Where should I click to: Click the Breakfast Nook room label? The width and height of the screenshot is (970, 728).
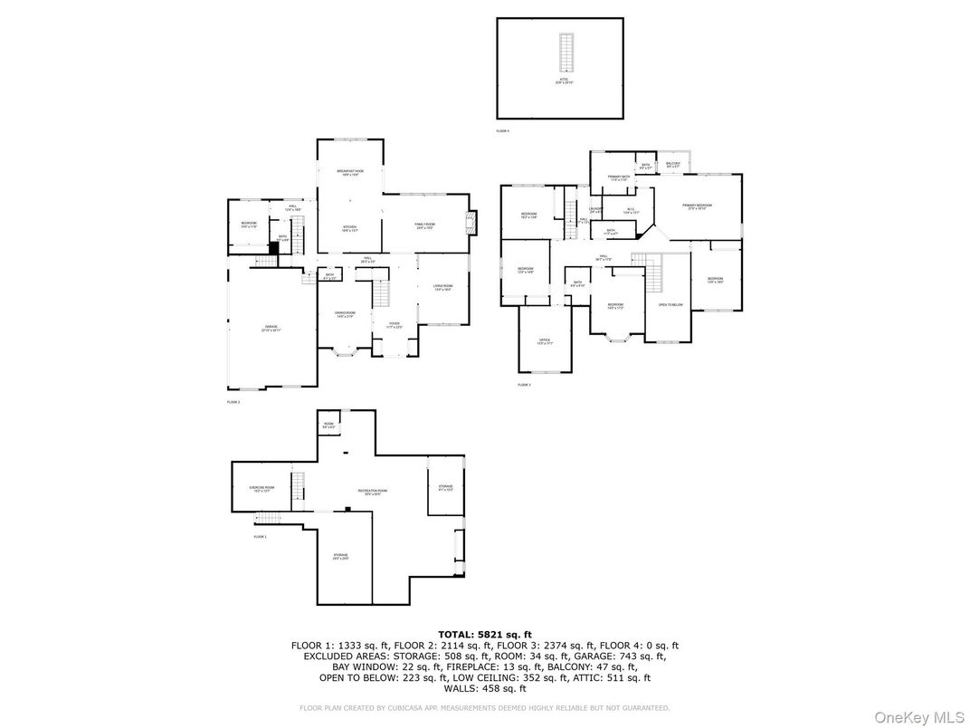(350, 172)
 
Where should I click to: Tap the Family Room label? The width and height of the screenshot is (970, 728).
(425, 226)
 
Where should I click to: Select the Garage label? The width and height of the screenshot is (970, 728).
(271, 328)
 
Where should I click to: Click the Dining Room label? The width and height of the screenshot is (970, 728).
(346, 314)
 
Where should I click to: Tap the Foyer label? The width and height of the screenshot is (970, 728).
(394, 324)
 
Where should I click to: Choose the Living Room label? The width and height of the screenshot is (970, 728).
(442, 288)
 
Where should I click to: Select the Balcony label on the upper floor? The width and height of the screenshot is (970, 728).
(673, 165)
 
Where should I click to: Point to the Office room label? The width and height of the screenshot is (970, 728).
(545, 341)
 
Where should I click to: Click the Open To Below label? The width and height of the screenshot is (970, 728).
(670, 305)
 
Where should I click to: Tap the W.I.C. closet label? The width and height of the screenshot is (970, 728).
(631, 212)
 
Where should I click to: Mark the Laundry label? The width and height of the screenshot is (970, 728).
(596, 210)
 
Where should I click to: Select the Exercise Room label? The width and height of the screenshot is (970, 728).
(262, 489)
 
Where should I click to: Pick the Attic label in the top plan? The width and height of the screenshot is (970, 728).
(564, 81)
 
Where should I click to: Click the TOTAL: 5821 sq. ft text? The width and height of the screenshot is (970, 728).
(485, 634)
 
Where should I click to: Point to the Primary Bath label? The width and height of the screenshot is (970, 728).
(618, 178)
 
